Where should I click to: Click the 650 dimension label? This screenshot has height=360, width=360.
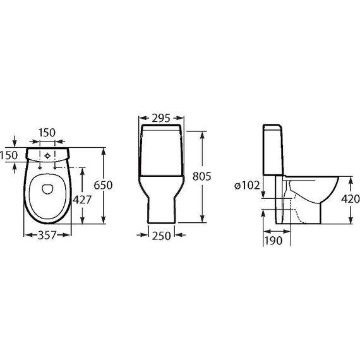[103, 185]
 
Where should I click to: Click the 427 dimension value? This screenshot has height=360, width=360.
[82, 200]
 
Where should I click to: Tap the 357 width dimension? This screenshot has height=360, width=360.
[47, 235]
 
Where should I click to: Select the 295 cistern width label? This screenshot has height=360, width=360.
[161, 118]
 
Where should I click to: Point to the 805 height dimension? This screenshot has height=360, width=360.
[201, 177]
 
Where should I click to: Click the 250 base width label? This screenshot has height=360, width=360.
[162, 236]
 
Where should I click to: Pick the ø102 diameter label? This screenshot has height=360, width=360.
[247, 185]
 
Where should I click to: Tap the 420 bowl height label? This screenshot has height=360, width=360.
[351, 199]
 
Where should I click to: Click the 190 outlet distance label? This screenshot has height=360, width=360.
[273, 241]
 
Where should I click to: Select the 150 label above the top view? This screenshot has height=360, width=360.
[47, 133]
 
